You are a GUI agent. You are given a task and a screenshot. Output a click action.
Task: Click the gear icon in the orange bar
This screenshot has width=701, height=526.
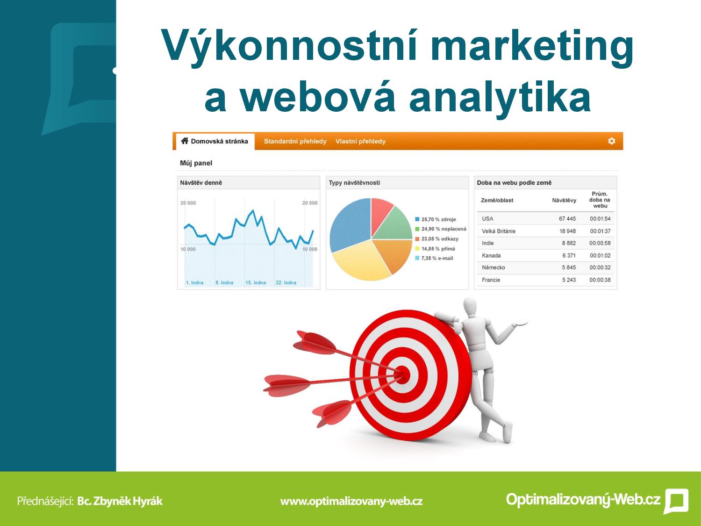611,141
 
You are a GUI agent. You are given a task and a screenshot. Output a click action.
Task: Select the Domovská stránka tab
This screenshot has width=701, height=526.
215,141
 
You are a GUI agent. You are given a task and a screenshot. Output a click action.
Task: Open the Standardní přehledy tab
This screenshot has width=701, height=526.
295,141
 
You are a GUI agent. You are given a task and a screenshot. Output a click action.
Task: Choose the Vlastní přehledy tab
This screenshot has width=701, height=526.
360,141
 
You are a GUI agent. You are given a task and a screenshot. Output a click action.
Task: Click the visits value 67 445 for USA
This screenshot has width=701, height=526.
567,219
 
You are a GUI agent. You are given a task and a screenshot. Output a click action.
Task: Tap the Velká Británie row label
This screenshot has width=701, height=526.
499,231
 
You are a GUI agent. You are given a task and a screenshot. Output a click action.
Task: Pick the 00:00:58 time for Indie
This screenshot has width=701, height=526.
600,243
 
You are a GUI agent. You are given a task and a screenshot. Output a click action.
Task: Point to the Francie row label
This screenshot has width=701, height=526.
491,280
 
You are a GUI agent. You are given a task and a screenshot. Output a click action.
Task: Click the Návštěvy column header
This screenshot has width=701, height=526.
564,200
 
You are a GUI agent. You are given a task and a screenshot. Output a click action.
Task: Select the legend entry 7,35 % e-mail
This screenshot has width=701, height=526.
434,258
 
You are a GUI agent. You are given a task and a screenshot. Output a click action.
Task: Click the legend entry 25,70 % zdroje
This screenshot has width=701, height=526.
436,219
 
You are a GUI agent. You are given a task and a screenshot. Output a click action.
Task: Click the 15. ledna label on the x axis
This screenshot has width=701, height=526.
256,283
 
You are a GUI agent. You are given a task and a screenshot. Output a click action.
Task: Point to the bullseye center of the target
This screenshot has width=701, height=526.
403,375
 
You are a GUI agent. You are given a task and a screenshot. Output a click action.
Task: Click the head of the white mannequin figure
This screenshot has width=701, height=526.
470,307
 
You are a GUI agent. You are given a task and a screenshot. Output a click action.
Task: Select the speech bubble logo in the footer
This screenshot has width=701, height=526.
676,501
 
